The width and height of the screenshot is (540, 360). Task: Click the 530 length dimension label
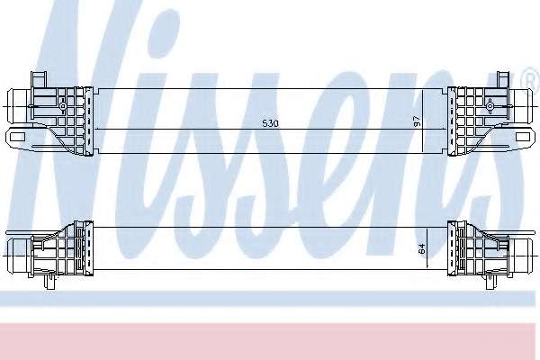270,123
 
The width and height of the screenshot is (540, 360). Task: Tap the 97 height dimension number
417,121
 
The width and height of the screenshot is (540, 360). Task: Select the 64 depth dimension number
421,248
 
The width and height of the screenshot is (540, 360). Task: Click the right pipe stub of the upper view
522,107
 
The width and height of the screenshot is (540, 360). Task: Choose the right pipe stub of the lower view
522,256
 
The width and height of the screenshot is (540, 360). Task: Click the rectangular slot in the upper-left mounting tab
17,137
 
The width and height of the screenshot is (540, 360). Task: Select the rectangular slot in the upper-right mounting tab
522,137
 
